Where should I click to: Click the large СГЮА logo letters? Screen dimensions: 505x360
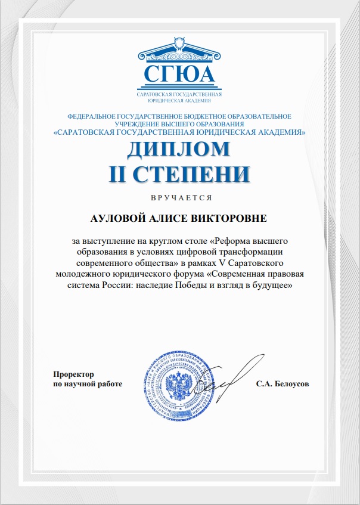click(179, 76)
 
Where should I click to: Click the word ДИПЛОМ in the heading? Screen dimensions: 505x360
click(178, 149)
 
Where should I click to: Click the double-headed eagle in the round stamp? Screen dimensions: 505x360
click(177, 388)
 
